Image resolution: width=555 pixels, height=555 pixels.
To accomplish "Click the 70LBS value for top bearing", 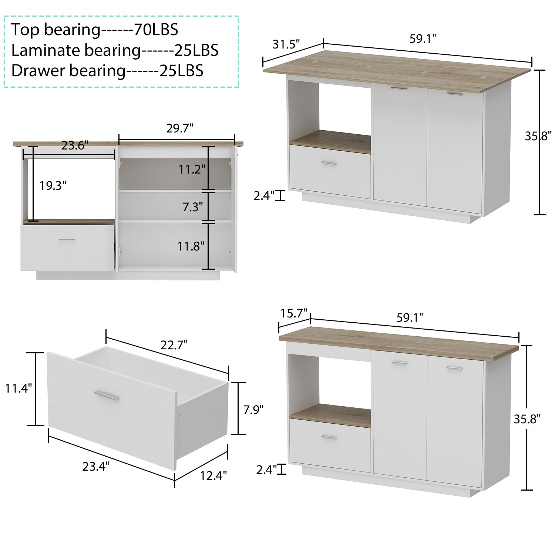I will [x=156, y=30].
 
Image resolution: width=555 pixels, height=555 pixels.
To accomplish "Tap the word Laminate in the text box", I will [x=45, y=50].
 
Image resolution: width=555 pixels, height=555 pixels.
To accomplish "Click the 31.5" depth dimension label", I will [x=286, y=44].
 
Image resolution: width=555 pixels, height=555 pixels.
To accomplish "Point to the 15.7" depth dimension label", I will [x=293, y=313].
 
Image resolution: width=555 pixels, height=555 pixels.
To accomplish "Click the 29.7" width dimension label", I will [x=180, y=128].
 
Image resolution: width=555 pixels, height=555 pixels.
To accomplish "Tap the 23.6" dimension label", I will [x=75, y=145].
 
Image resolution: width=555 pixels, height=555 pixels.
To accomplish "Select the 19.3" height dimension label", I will [x=53, y=185].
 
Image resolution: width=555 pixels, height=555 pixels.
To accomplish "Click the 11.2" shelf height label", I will [x=192, y=169].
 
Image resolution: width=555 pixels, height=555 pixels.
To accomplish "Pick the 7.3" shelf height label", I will [x=193, y=207].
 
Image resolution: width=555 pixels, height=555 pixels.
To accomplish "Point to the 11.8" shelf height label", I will [x=191, y=246].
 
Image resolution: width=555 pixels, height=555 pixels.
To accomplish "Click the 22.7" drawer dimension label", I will [x=174, y=345].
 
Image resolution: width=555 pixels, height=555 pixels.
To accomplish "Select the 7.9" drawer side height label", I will [x=253, y=410].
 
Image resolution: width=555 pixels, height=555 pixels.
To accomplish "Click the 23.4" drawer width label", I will [x=96, y=467].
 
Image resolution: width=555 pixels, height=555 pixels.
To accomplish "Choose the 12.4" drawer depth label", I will [x=213, y=475].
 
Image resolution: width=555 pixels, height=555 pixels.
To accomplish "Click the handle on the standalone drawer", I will [x=107, y=395].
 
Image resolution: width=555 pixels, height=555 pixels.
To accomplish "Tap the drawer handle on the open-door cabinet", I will [x=67, y=239].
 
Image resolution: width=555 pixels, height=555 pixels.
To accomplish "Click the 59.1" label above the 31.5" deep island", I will [x=423, y=38].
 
